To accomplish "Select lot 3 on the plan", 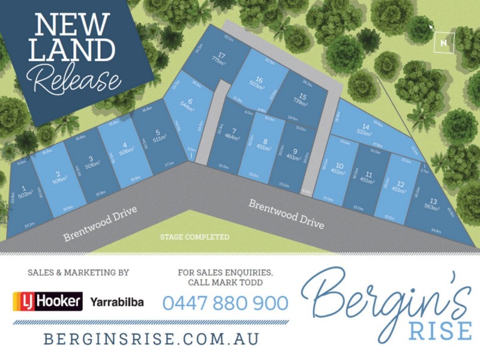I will pos(90,164).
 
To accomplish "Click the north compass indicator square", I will pos(443,42).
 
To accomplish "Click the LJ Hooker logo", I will pos(48,301).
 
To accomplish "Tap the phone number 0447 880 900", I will pos(225,303).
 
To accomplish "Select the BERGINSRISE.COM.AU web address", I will pos(151,338).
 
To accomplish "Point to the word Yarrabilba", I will pos(116,302).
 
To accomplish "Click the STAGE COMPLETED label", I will pos(194,237).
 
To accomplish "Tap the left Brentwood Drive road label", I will pos(101,223).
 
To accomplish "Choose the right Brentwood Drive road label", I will pos(286,214).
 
